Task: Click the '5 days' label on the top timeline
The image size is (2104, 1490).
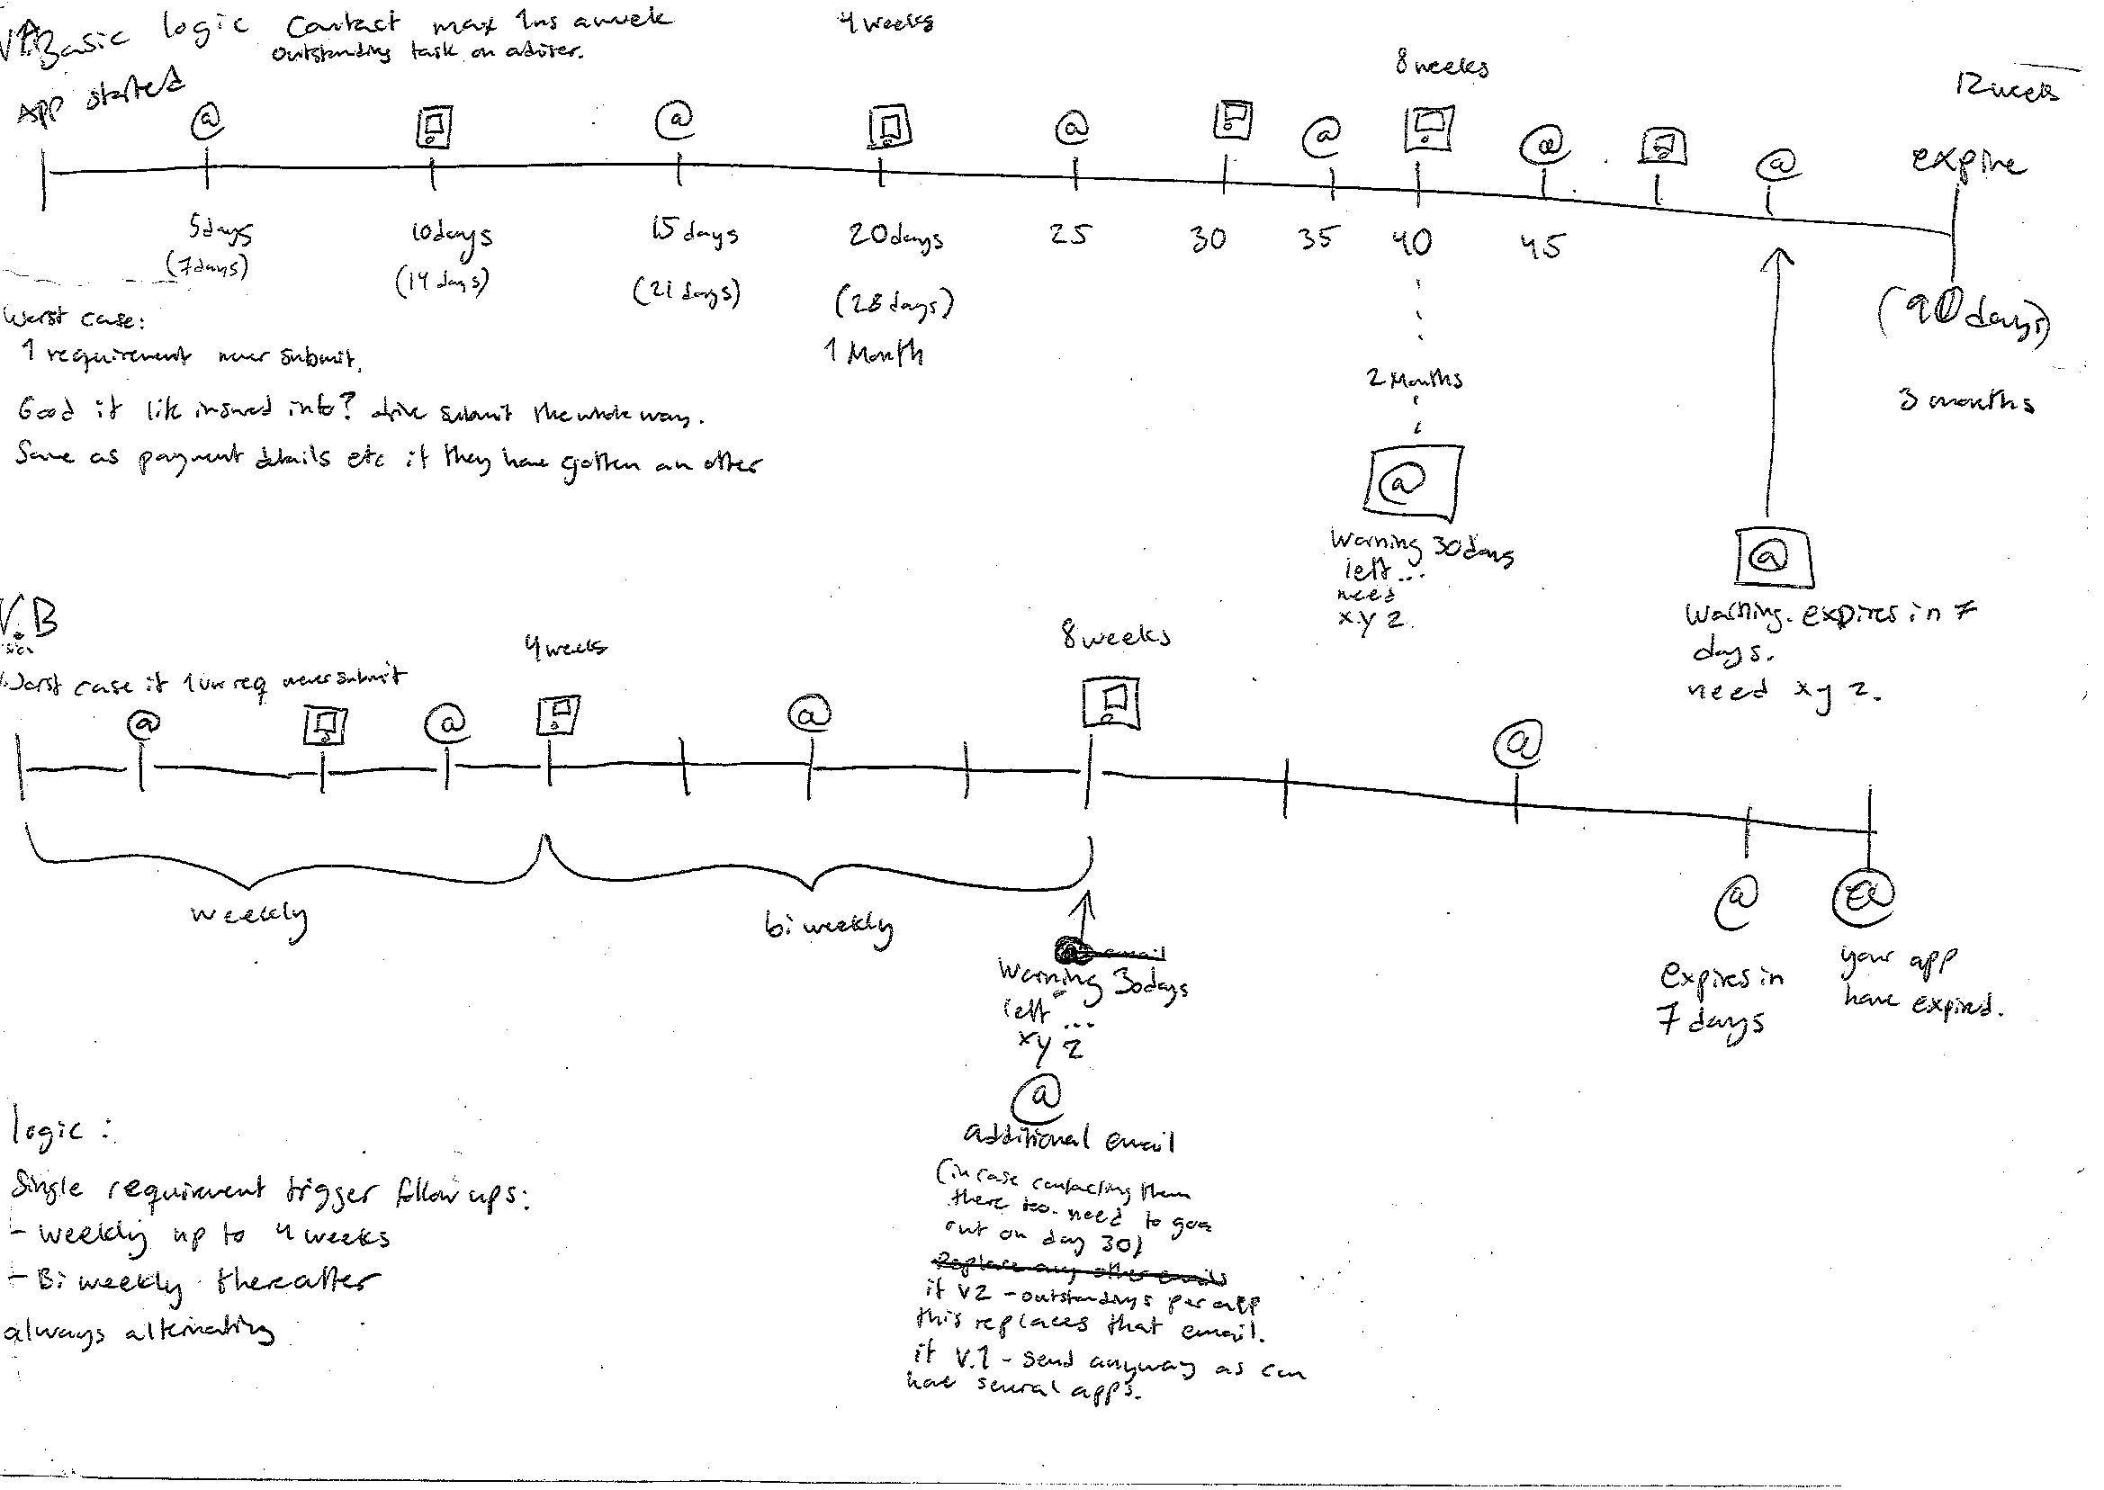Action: pyautogui.click(x=220, y=231)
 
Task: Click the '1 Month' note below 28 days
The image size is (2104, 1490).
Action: pyautogui.click(x=874, y=353)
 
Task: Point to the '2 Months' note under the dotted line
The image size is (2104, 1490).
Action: pyautogui.click(x=1414, y=378)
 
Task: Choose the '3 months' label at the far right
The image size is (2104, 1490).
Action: pyautogui.click(x=1965, y=401)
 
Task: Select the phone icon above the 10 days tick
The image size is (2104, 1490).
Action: pyautogui.click(x=434, y=127)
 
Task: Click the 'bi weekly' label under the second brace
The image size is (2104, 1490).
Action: pyautogui.click(x=828, y=927)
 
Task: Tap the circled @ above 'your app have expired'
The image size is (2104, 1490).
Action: pyautogui.click(x=1864, y=896)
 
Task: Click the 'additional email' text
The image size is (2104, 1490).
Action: pyautogui.click(x=1068, y=1137)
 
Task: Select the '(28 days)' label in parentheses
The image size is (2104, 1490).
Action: pyautogui.click(x=894, y=303)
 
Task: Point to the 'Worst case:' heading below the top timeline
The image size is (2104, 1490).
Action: pyautogui.click(x=75, y=319)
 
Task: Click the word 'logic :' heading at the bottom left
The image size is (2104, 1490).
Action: pyautogui.click(x=59, y=1131)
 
